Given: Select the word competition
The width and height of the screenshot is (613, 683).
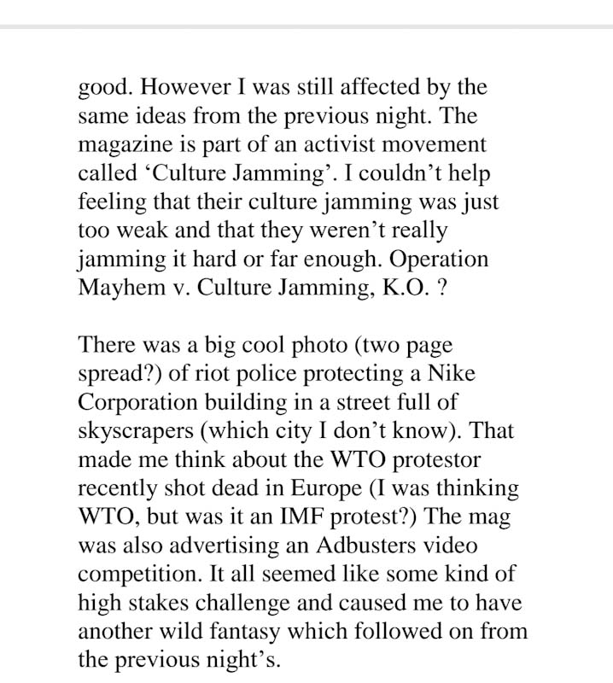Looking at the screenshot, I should coord(132,574).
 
